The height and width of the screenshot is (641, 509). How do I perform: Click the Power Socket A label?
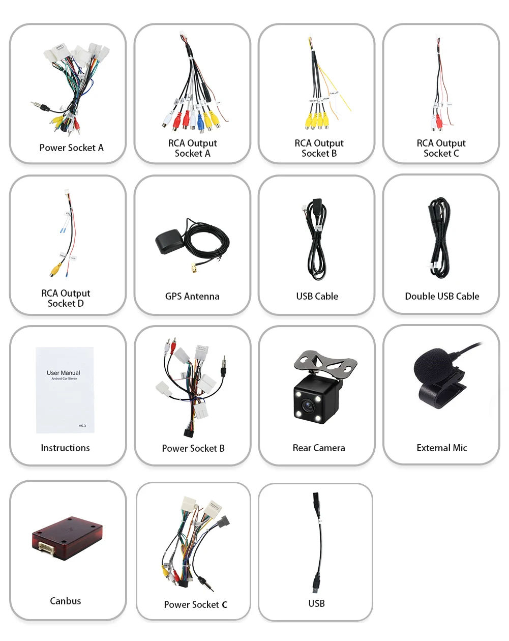coord(71,148)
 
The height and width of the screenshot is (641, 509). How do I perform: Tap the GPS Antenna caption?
coord(192,296)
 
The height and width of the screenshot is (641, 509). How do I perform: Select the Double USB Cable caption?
coord(442,296)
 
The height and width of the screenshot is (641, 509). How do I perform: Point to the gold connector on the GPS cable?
coord(195,268)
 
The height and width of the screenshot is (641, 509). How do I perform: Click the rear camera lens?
coord(308,406)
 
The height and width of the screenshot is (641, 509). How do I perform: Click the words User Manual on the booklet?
coord(64,373)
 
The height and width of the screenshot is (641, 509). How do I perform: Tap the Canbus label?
coord(66,601)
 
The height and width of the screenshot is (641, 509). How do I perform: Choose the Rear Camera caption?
coord(319,448)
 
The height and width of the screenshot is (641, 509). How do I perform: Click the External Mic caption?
coord(442,448)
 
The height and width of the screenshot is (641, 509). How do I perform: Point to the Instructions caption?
coord(65,448)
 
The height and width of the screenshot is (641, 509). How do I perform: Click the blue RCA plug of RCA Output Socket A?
coord(201,122)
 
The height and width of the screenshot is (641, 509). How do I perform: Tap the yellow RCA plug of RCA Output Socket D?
coord(54,269)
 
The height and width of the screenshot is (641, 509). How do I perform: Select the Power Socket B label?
coord(193,448)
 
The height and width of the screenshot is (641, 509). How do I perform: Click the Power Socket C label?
coord(195,604)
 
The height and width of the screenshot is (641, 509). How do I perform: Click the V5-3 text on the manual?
coord(82,426)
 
